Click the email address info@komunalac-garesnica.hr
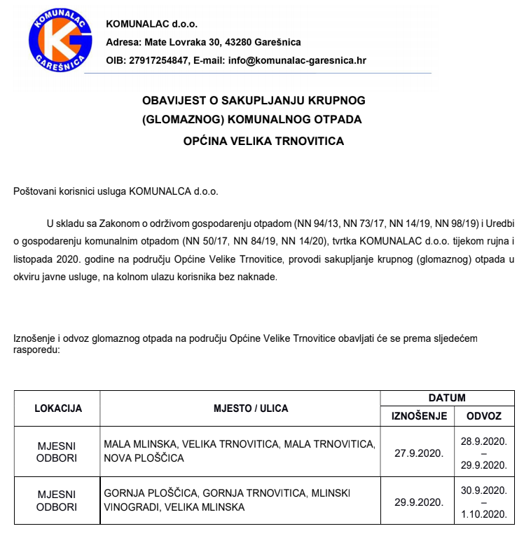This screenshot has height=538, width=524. pos(297,60)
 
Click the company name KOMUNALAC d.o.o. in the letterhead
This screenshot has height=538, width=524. pos(151,24)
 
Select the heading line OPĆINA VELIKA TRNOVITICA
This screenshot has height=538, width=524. pos(263,141)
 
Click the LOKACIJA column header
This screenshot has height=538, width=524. pos(58,408)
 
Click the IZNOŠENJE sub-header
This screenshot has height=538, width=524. pos(419,416)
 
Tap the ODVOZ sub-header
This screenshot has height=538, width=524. pos(483,416)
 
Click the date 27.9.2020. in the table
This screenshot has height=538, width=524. pos(419,453)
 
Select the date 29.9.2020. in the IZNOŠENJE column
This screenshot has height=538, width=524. pos(419,502)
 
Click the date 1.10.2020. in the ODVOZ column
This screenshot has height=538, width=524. pos(483,515)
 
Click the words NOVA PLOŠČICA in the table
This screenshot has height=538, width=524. pos(144,458)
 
